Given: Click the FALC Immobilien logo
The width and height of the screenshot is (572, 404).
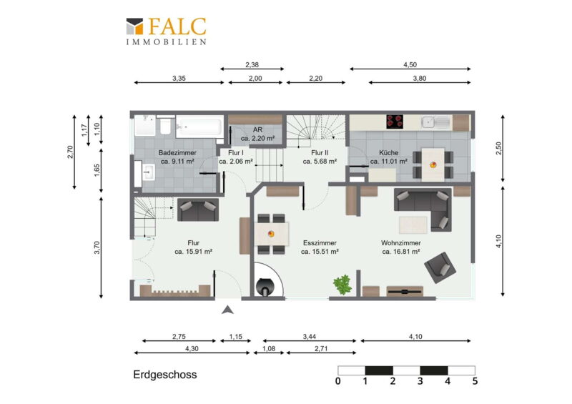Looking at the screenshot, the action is pyautogui.click(x=167, y=31).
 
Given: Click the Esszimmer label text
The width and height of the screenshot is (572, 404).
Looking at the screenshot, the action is pyautogui.click(x=320, y=242).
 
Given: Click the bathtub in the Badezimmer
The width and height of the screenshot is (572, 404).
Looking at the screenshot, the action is pyautogui.click(x=199, y=127).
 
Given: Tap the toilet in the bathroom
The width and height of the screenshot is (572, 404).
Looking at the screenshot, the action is pyautogui.click(x=165, y=125).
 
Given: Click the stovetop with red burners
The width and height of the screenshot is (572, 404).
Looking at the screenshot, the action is pyautogui.click(x=395, y=122).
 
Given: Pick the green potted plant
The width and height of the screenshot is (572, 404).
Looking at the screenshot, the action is pyautogui.click(x=342, y=285).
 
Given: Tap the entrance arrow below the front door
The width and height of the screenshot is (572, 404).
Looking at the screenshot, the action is pyautogui.click(x=227, y=310).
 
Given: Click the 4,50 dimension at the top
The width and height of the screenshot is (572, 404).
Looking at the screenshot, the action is pyautogui.click(x=410, y=65).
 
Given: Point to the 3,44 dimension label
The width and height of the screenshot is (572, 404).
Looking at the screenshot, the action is pyautogui.click(x=310, y=337).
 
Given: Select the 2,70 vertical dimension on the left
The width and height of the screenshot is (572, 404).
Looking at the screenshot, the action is pyautogui.click(x=70, y=152).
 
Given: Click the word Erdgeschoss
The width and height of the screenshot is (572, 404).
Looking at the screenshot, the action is pyautogui.click(x=165, y=375).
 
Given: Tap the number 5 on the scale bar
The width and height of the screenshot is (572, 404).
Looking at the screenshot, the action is pyautogui.click(x=475, y=381).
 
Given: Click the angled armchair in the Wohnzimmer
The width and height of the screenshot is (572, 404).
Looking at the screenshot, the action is pyautogui.click(x=440, y=267).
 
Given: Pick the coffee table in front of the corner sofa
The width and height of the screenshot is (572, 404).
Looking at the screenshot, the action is pyautogui.click(x=413, y=225).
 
